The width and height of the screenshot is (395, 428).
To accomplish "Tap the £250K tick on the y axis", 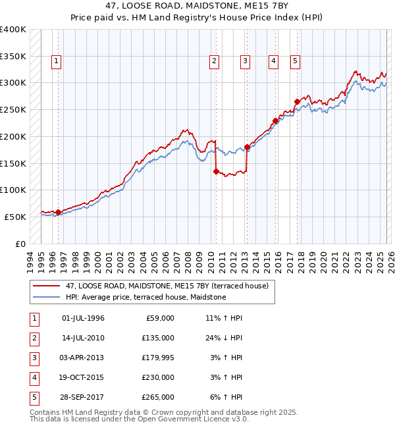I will (13, 109).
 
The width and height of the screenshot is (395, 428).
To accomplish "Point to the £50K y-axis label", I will (15, 217).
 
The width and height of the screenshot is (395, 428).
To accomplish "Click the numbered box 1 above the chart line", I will (57, 62).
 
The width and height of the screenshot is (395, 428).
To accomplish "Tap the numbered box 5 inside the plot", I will (295, 62).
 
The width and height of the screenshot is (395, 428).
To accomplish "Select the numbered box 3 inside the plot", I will (244, 62).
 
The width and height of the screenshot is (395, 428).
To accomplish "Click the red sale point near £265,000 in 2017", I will (297, 101).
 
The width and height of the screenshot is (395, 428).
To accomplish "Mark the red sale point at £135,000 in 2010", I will (216, 171).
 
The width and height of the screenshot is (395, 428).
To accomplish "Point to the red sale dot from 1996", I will (58, 212).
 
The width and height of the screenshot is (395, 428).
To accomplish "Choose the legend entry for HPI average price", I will (145, 298).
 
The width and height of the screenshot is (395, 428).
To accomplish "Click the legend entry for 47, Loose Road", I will (167, 286).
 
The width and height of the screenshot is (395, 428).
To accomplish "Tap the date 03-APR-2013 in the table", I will (83, 358).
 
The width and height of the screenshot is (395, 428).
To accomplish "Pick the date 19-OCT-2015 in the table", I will (83, 377).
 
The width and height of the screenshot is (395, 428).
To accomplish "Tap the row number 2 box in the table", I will (33, 338).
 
